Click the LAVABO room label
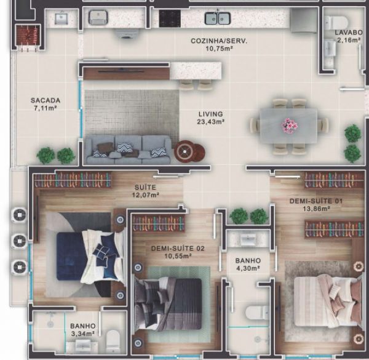pyautogui.click(x=349, y=33)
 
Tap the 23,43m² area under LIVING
pyautogui.click(x=210, y=122)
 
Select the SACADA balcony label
pyautogui.click(x=46, y=100)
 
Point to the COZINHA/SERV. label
pyautogui.click(x=219, y=41)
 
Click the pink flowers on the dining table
pyautogui.click(x=290, y=125)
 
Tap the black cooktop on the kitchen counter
pyautogui.click(x=170, y=18)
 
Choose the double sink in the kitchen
pyautogui.click(x=218, y=18)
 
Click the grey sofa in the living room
pyautogui.click(x=129, y=150)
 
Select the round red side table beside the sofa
pyautogui.click(x=189, y=151)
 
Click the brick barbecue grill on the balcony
pyautogui.click(x=28, y=35)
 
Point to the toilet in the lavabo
pyautogui.click(x=336, y=23)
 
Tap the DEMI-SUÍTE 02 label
pyautogui.click(x=178, y=249)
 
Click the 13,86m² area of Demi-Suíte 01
pyautogui.click(x=316, y=209)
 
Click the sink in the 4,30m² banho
pyautogui.click(x=248, y=239)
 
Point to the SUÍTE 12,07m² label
pyautogui.click(x=145, y=191)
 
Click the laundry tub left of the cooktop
pyautogui.click(x=98, y=17)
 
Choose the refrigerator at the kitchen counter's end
pyautogui.click(x=304, y=21)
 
